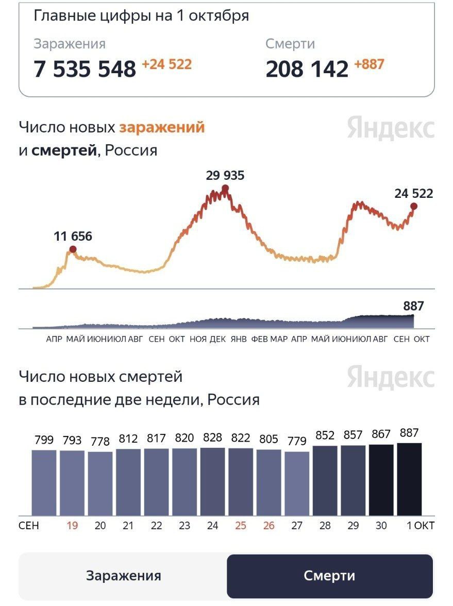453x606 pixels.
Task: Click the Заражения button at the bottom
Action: point(123,576)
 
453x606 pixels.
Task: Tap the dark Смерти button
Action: point(329,576)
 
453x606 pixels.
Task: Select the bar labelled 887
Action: point(409,479)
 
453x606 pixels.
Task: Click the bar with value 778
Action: point(100,483)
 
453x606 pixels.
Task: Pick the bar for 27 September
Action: point(297,483)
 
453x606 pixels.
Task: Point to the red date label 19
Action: point(72,526)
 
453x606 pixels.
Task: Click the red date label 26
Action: point(269,526)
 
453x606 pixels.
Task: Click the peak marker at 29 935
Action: point(225,188)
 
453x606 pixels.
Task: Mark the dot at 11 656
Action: point(73,249)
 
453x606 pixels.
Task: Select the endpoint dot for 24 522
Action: point(413,206)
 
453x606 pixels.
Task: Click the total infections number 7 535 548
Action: point(85,69)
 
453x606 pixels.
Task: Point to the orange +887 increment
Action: point(369,64)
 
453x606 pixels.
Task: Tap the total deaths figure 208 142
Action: point(307,69)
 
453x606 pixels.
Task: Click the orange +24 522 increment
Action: point(166,64)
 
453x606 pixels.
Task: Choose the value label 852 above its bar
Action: point(325,436)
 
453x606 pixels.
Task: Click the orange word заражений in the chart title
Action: point(162,127)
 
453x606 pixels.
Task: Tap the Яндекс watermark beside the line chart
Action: point(391,128)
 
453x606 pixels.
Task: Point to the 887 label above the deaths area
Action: point(413,306)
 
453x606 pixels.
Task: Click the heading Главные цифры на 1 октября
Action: point(141,16)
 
